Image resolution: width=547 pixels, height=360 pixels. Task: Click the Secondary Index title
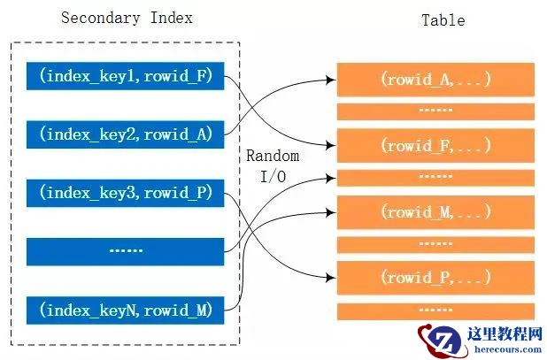point(127,19)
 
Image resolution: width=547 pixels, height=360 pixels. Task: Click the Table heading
point(443,19)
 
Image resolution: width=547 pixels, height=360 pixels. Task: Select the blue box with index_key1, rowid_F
point(126,74)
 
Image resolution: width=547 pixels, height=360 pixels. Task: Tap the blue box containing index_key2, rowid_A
point(126,134)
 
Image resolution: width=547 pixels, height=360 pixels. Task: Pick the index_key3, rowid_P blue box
point(126,192)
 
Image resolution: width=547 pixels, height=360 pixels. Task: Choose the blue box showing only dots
point(126,250)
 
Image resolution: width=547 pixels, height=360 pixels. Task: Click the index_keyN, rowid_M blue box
point(126,309)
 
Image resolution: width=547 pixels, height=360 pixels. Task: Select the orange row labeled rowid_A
point(435,80)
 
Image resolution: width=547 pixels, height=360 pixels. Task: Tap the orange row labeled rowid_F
point(435,144)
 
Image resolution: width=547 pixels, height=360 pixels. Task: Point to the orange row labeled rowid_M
point(435,211)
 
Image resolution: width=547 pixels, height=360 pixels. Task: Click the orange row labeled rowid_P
point(435,278)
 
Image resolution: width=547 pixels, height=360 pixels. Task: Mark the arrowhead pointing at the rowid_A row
point(330,80)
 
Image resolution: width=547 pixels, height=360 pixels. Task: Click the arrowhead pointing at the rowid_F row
point(330,145)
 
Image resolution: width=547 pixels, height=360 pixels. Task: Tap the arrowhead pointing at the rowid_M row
point(330,211)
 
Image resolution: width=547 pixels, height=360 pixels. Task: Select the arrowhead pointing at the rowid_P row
point(330,278)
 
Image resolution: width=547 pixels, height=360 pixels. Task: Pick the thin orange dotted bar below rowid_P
point(435,310)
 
